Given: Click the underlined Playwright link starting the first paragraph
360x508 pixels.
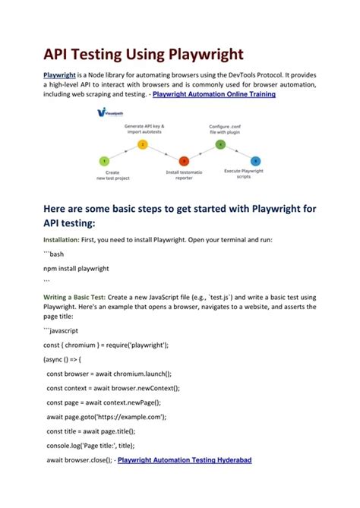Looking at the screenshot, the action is tap(58, 77).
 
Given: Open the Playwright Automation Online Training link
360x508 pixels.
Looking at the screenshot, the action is tap(214, 95).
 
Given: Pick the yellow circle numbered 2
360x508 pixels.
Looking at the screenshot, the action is tap(142, 144).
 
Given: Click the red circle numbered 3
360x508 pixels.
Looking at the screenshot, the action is tap(184, 161).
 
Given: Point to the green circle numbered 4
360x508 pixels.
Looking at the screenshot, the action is tap(220, 144).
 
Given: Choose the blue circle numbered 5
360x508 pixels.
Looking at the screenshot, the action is tap(255, 161).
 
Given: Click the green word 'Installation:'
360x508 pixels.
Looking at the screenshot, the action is tap(63, 239).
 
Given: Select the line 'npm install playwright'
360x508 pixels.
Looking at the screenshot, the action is tap(76, 268).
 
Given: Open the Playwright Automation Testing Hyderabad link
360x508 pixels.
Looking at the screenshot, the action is tap(185, 460).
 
